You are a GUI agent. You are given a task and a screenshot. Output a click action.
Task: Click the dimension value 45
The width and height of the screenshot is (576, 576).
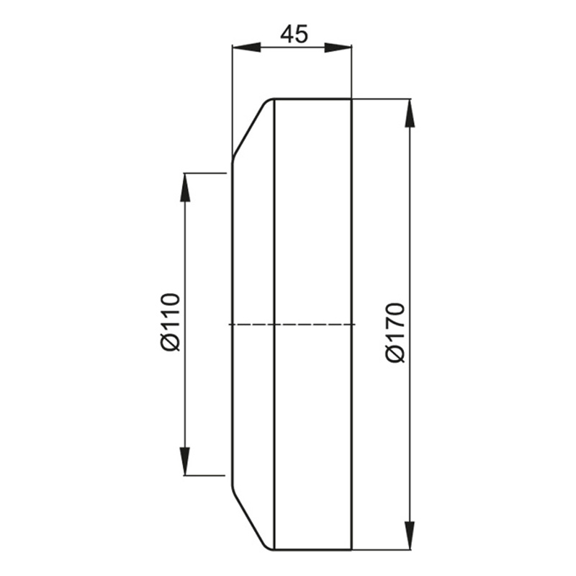pyautogui.click(x=294, y=35)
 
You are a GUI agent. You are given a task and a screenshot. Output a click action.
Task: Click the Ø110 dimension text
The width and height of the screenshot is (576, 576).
pyautogui.click(x=171, y=323)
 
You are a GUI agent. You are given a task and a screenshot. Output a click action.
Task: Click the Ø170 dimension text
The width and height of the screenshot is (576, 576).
pyautogui.click(x=395, y=333)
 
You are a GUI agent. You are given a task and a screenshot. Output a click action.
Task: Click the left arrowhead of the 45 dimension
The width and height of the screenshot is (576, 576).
pyautogui.click(x=246, y=48)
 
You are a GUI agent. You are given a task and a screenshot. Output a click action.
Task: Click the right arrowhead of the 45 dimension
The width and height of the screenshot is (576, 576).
pyautogui.click(x=338, y=48)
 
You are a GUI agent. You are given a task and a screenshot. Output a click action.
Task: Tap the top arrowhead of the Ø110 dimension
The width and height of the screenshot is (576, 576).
pyautogui.click(x=185, y=187)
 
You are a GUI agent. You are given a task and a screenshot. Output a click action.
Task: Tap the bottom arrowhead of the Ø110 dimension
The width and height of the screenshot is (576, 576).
pyautogui.click(x=185, y=461)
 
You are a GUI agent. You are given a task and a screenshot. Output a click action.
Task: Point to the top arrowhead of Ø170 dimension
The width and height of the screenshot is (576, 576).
pyautogui.click(x=410, y=114)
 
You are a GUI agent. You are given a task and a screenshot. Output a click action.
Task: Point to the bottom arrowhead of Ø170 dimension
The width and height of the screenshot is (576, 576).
pyautogui.click(x=410, y=536)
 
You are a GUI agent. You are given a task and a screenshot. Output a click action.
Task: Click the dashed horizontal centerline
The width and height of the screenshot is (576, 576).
pyautogui.click(x=292, y=325)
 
